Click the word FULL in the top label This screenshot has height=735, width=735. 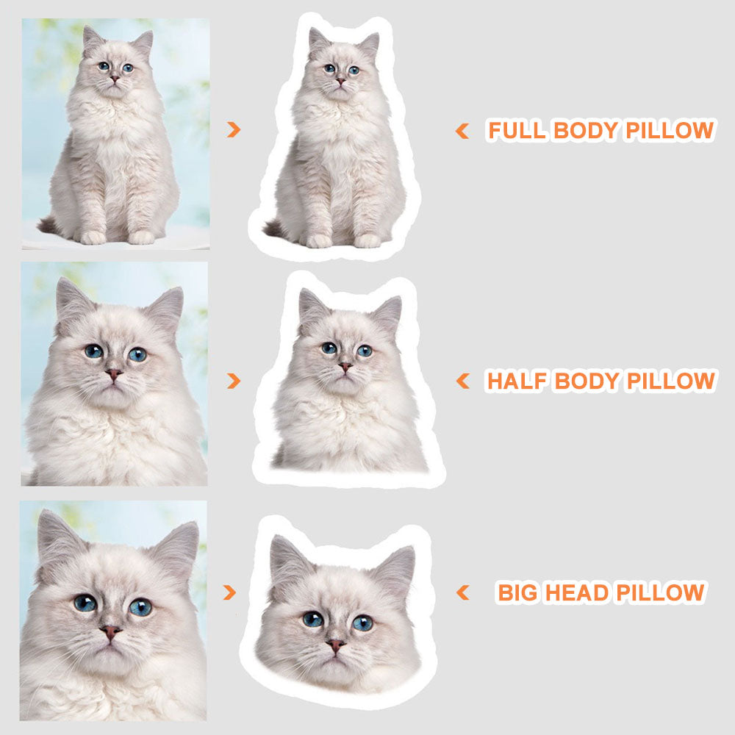517,130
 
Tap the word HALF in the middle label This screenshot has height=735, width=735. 517,381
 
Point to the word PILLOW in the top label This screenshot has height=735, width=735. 670,130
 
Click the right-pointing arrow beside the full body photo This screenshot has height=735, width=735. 234,130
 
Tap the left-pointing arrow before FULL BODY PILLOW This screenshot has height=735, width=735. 462,131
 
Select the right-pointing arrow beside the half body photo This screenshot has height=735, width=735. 234,381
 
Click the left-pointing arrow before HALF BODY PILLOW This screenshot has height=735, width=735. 462,381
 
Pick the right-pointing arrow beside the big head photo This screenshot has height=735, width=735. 229,592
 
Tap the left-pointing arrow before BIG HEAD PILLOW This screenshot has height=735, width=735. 462,592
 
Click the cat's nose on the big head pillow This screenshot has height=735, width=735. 336,645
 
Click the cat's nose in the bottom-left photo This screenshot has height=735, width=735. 111,631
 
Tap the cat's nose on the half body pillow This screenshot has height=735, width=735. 345,366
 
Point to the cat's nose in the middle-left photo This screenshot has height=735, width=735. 113,373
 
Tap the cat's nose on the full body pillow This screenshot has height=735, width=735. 341,81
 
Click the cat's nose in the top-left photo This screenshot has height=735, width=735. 115,79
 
